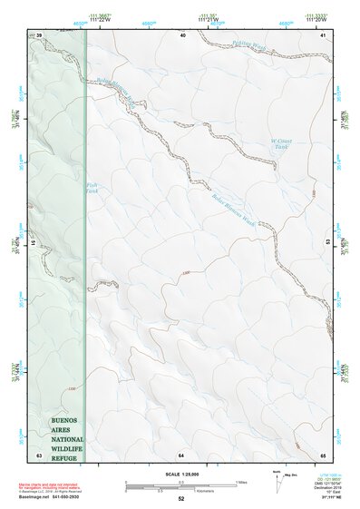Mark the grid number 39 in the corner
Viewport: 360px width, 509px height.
(39, 34)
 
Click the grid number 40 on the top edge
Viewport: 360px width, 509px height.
(182, 34)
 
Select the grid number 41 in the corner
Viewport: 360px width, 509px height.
(323, 34)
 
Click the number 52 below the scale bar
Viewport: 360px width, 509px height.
(181, 500)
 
